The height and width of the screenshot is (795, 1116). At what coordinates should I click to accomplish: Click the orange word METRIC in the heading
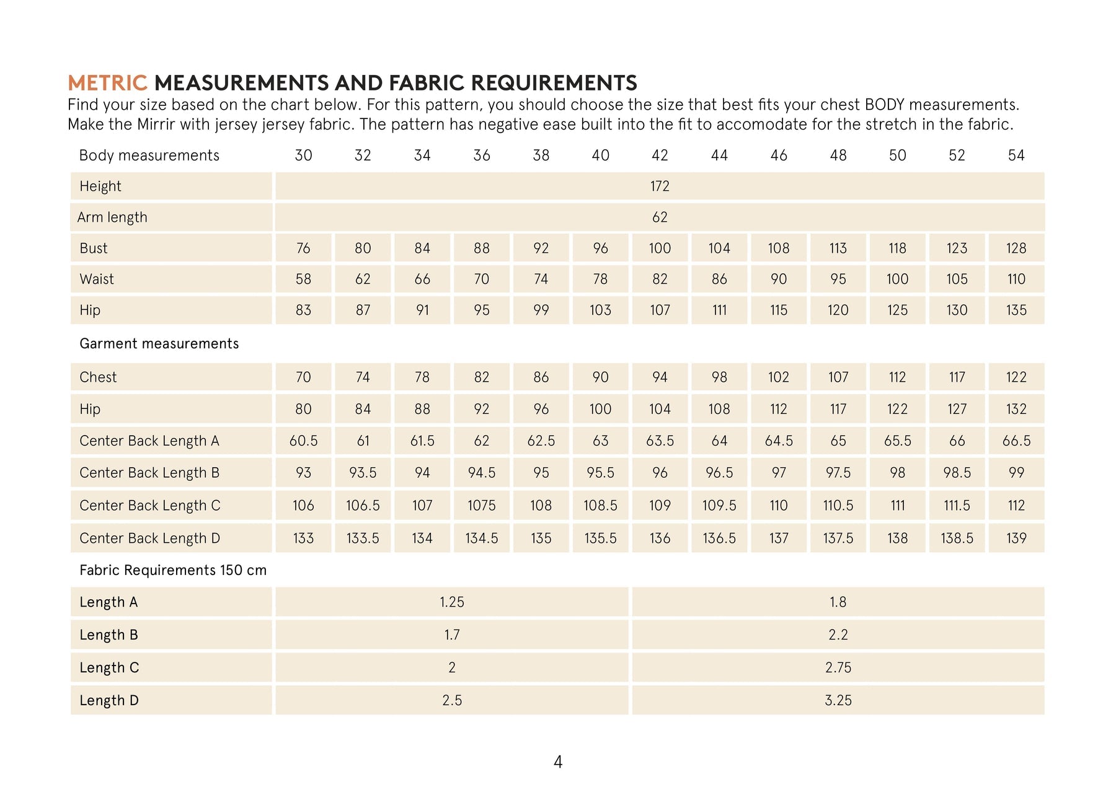107,83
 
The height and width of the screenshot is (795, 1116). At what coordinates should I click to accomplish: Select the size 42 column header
660,156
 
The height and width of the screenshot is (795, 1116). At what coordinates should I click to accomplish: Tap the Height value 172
660,187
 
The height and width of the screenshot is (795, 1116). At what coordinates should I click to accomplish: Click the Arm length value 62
660,217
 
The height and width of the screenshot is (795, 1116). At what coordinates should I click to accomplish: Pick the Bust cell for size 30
303,248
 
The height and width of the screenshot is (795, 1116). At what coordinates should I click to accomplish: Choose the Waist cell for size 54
1016,279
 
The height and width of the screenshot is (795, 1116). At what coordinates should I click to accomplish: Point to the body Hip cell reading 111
719,310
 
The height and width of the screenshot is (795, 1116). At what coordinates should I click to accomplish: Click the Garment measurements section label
159,344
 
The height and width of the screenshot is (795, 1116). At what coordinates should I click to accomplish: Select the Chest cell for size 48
838,377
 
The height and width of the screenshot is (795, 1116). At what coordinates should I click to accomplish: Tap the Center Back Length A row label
149,441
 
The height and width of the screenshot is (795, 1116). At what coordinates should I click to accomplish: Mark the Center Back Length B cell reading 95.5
600,473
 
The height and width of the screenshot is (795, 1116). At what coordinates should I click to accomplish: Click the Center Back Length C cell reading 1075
481,506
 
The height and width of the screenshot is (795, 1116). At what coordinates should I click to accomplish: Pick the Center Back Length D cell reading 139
1016,538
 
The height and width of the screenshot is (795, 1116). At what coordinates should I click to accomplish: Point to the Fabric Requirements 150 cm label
173,571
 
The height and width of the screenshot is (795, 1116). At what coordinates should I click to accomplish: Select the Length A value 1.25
452,602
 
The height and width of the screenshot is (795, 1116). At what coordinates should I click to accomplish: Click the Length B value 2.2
838,635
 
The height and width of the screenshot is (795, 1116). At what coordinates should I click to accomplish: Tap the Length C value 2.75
838,668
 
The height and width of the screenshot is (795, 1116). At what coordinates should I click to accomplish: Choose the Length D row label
109,701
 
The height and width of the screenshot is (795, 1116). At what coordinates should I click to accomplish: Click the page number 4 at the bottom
558,762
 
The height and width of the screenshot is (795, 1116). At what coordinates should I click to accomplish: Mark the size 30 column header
303,156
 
